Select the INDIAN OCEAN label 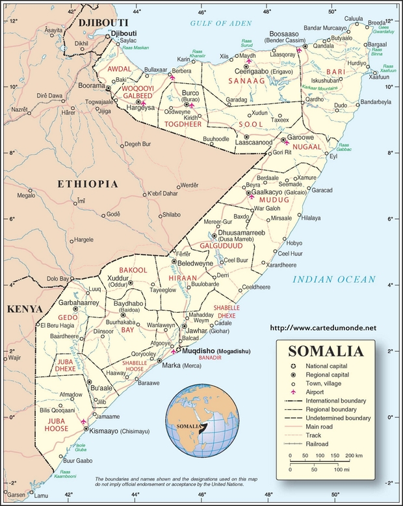[x=333, y=280]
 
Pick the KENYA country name [x=24, y=309]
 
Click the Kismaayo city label [x=109, y=431]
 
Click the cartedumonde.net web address [x=322, y=328]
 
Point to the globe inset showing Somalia [x=194, y=419]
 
